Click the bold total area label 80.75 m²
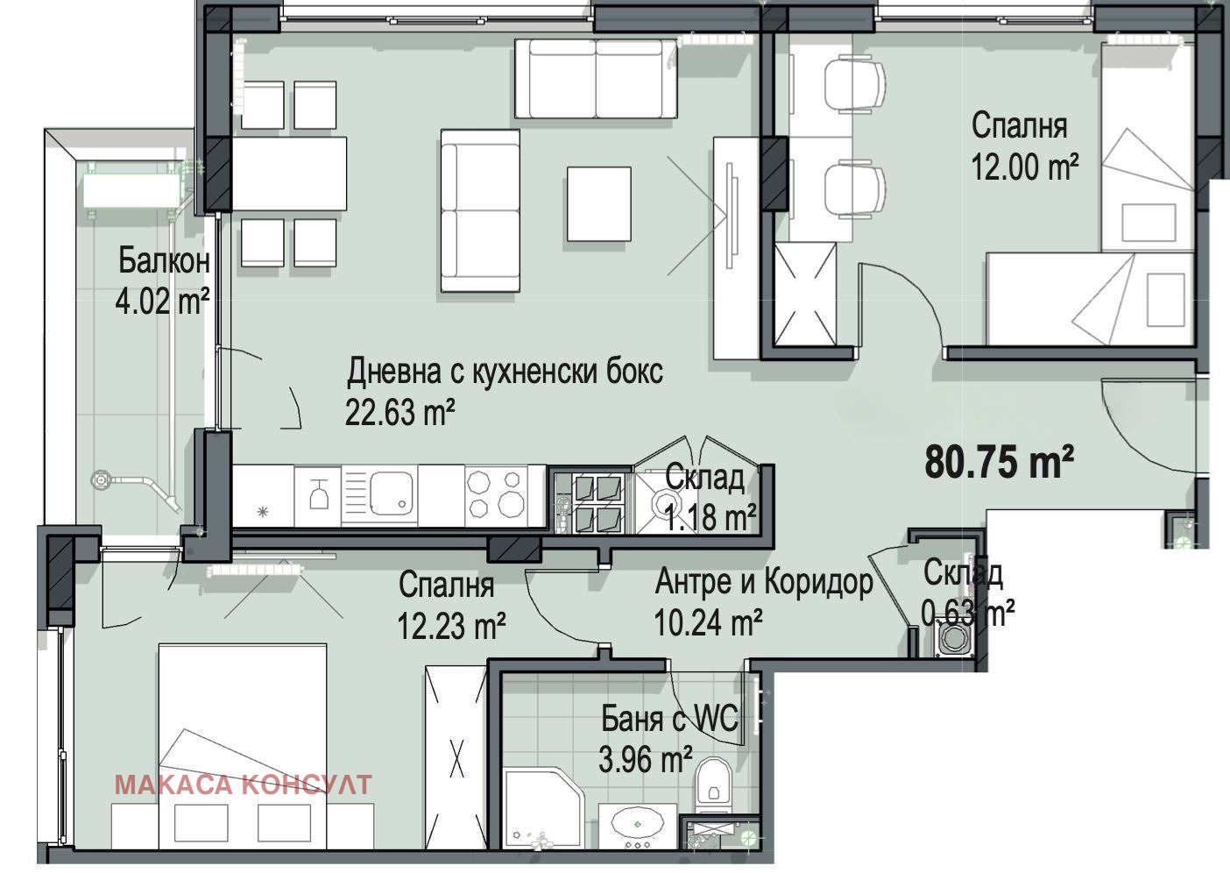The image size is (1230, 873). pos(999,462)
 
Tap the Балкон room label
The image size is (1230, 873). pos(164,261)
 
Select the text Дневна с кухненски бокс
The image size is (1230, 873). pos(505,372)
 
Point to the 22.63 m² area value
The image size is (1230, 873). pos(399,413)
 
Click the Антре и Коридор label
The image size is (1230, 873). pos(764,582)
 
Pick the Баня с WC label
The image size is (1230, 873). pos(669,719)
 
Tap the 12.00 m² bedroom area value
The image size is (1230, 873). pos(1025,167)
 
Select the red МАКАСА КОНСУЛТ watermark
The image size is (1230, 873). pos(244,784)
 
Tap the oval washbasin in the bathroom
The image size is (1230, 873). pos(637,824)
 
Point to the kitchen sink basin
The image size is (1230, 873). pos(391,493)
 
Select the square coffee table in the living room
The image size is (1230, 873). pos(599,204)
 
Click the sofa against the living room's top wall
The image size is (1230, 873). pos(596,78)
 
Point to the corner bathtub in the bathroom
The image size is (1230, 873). pos(542,811)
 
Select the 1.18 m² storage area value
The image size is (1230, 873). pos(710,517)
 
